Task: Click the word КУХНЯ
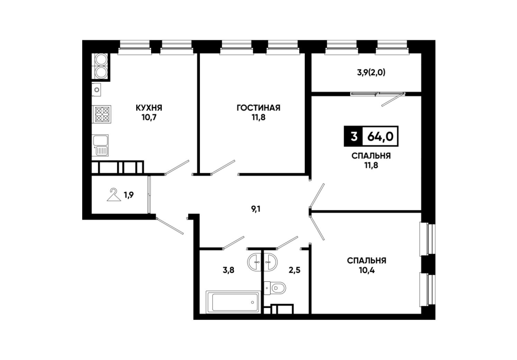pos(149,108)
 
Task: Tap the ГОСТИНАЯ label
pos(258,108)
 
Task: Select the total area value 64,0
pos(380,136)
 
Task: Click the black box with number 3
pos(354,136)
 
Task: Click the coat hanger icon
pos(113,195)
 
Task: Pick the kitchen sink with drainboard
pos(101,146)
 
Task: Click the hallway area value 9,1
pos(256,209)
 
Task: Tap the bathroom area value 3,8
pos(228,270)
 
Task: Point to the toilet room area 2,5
pos(294,270)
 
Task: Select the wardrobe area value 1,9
pos(128,195)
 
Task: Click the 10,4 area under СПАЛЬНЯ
pos(366,271)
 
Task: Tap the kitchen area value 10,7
pos(149,117)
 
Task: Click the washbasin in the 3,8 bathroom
pos(254,262)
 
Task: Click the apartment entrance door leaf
pos(170,226)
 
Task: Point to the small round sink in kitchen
pos(97,89)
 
